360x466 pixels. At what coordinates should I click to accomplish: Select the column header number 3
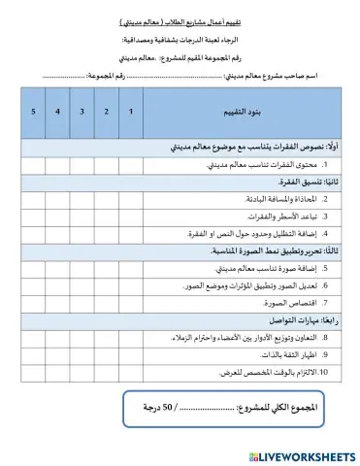pos(82,112)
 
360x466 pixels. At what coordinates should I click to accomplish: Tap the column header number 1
pos(131,112)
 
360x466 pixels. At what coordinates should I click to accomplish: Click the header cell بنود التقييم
pos(247,112)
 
